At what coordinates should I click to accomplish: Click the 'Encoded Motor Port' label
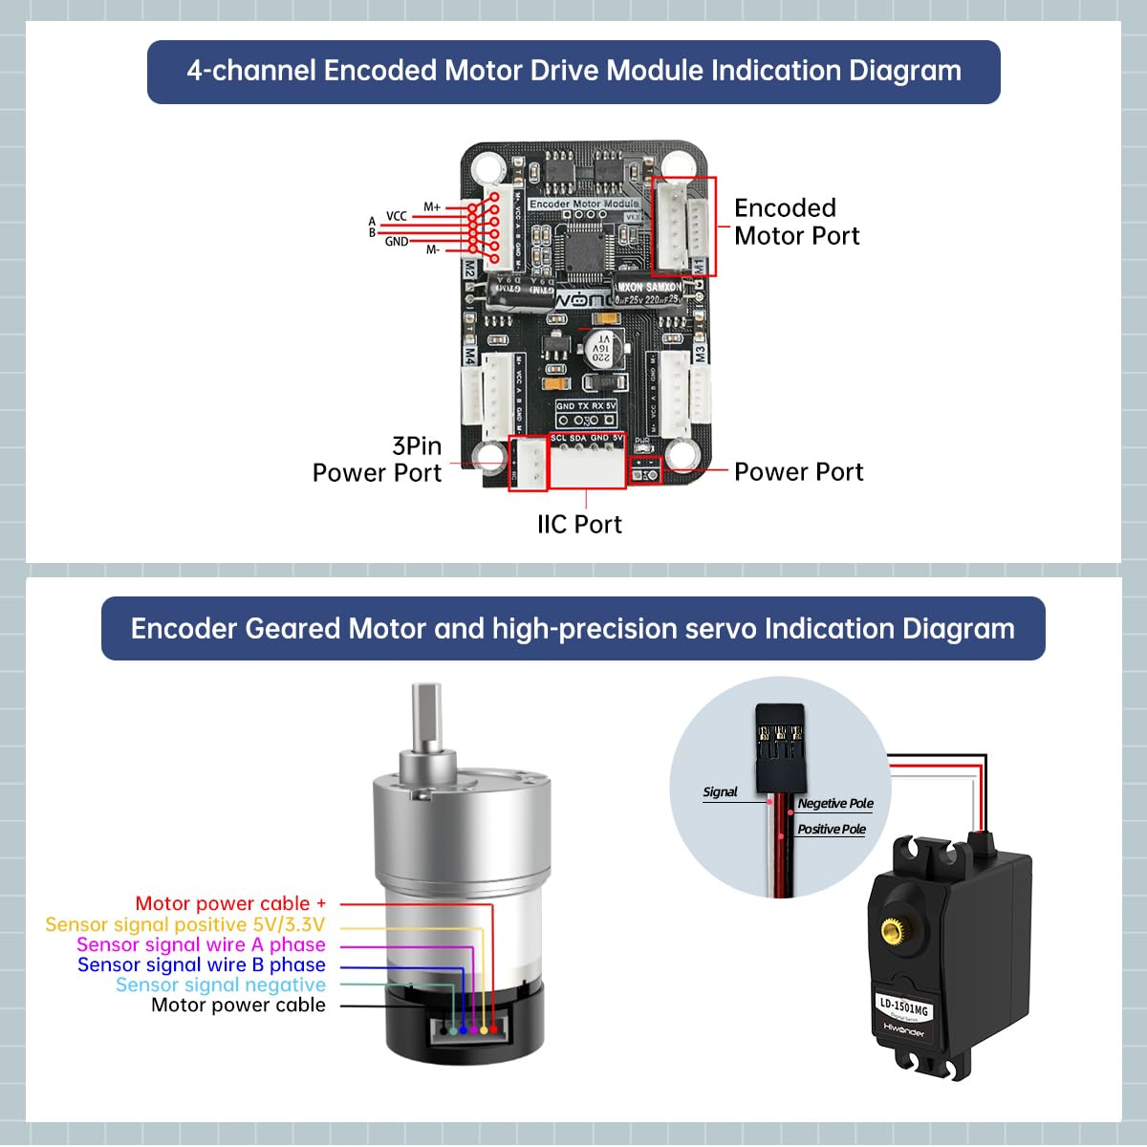pos(796,222)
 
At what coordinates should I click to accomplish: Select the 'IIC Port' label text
pos(579,524)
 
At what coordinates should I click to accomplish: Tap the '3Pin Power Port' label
pos(378,460)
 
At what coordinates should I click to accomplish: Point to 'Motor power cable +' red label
pos(230,903)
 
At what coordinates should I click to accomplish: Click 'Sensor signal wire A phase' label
pos(201,944)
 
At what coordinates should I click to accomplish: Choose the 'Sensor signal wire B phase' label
pos(201,964)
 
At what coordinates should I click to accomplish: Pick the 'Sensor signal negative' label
pos(221,985)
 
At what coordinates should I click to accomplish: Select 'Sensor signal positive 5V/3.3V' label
pos(185,924)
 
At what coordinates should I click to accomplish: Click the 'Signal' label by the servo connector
pos(720,791)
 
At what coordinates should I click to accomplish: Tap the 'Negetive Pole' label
pos(835,804)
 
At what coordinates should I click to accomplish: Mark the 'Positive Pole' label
pos(832,829)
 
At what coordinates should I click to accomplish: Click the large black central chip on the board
pos(582,249)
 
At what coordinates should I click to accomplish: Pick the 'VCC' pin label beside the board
pos(396,216)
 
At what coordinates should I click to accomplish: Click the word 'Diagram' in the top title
pos(904,71)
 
